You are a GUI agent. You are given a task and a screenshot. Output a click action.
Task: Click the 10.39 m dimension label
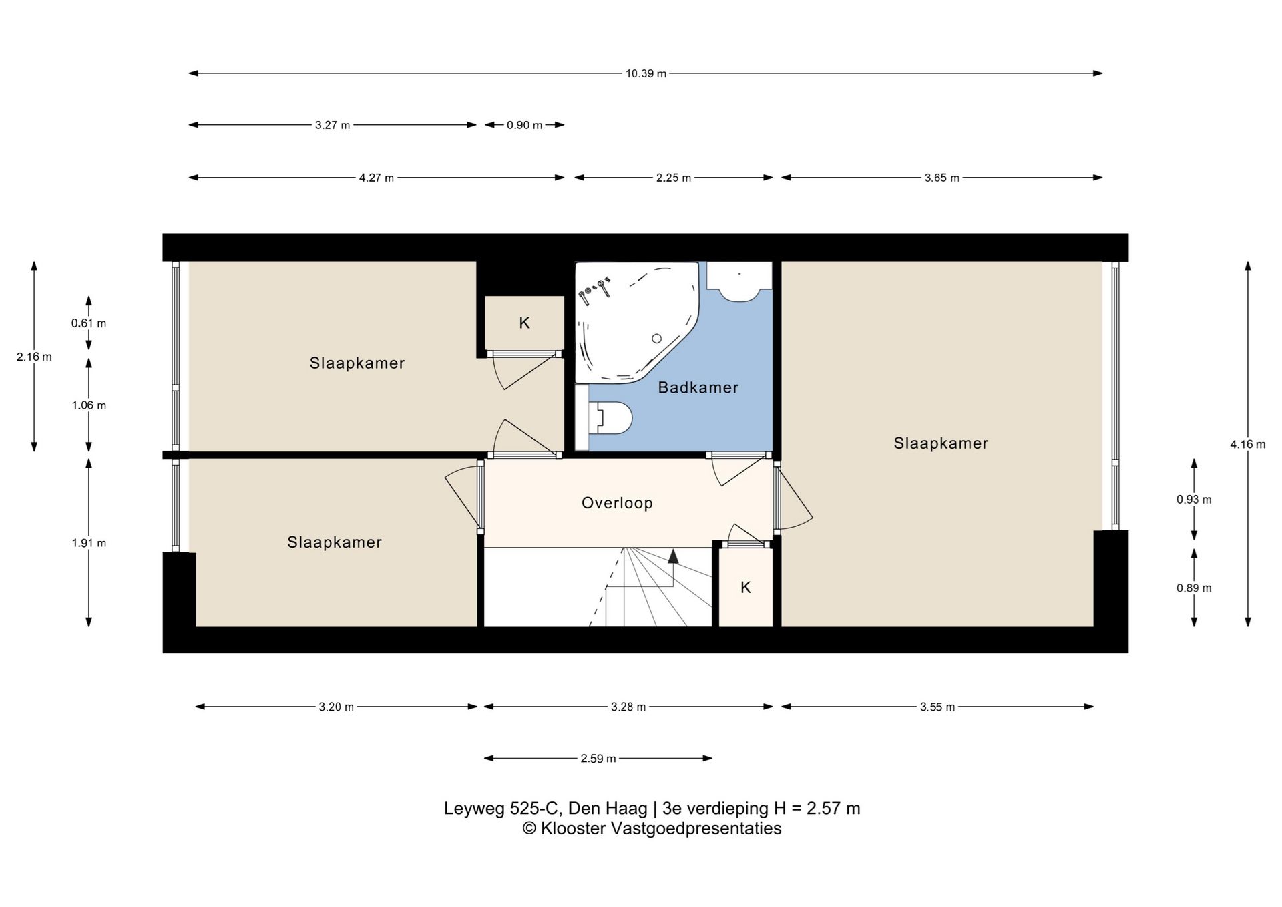coord(646,73)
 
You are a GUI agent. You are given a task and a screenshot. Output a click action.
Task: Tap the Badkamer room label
coord(698,387)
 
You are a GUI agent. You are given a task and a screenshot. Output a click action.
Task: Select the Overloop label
coord(617,503)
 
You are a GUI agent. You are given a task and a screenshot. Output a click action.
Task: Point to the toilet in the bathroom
coord(610,418)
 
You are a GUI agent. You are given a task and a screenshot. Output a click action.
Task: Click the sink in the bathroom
coord(739,281)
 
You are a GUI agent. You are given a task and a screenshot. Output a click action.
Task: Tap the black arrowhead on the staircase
coord(673,556)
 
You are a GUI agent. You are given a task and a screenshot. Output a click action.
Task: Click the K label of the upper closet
coord(524,323)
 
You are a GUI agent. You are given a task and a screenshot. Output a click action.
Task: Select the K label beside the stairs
coord(746,588)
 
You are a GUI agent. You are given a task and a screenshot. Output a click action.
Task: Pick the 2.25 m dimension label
coord(673,178)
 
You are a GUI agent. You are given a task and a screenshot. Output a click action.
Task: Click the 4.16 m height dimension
coord(1247,444)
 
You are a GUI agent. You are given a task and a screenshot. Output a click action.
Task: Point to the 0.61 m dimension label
coord(89,323)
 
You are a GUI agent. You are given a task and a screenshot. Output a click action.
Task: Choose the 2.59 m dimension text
coord(598,758)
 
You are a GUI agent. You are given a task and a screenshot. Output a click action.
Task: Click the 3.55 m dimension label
coord(937,707)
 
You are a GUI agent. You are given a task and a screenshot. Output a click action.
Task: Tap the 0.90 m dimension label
coord(524,125)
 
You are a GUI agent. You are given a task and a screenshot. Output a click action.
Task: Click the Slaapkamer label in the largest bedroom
coord(941,443)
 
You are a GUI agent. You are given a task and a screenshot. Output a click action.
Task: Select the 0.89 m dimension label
coord(1194,588)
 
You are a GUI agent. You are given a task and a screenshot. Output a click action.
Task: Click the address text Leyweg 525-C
coord(502,809)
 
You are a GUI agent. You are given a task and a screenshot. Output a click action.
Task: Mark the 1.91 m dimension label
coord(89,543)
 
